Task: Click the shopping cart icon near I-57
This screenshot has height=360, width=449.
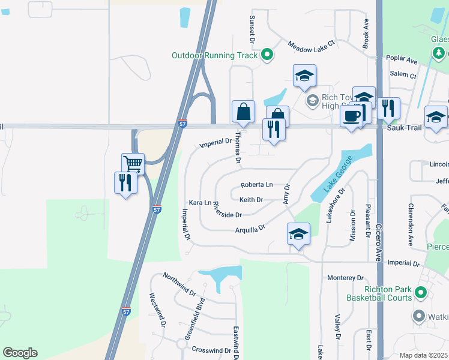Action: [x=133, y=163]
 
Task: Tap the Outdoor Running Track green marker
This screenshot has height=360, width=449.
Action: [x=268, y=56]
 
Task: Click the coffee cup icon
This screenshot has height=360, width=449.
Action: [x=352, y=116]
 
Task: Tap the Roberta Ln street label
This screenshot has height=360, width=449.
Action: [x=256, y=185]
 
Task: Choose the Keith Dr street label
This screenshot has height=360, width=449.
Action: [x=251, y=199]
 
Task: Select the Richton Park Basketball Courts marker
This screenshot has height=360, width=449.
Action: [x=421, y=293]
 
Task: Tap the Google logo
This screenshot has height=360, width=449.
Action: [x=20, y=353]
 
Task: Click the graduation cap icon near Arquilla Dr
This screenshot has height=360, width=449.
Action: [x=298, y=233]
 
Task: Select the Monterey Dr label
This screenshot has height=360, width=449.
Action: [x=346, y=278]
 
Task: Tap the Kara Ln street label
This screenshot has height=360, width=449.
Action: [x=200, y=203]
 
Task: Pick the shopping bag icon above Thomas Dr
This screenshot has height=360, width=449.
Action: [x=244, y=112]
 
